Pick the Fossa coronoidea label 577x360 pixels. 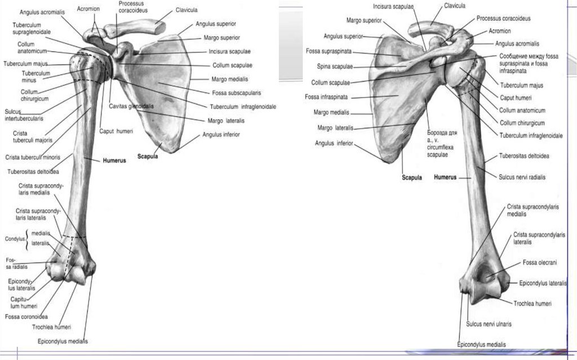(x=26, y=315)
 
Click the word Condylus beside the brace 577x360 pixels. (x=15, y=238)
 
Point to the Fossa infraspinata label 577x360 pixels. (x=326, y=97)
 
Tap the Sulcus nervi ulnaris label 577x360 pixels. (x=488, y=324)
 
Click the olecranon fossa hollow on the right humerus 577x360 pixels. (x=485, y=276)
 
